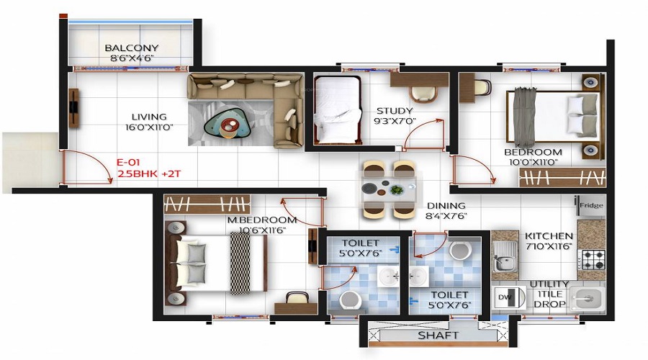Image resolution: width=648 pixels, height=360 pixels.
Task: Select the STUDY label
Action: click(394, 111)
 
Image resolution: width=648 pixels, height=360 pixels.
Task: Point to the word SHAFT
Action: click(439, 336)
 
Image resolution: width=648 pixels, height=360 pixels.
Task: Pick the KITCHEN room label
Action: click(549, 236)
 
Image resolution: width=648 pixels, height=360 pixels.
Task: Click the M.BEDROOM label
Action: click(261, 220)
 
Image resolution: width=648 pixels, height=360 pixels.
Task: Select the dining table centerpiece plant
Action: click(396, 190)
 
